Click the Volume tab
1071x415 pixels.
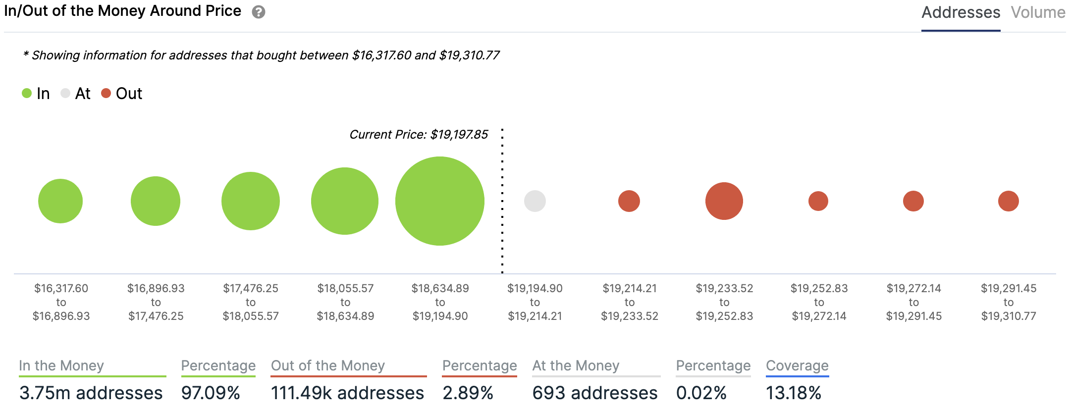[x=1038, y=12]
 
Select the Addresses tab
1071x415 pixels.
[x=961, y=12]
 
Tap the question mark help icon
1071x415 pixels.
[x=258, y=12]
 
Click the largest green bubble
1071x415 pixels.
[x=440, y=201]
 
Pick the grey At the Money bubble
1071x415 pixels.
[x=535, y=201]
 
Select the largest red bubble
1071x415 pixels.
[x=724, y=201]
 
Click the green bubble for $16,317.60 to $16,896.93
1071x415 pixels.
[x=60, y=201]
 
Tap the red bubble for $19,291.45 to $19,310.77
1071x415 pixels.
[x=1009, y=201]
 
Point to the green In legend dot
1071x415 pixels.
[x=27, y=93]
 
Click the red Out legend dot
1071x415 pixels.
[x=106, y=93]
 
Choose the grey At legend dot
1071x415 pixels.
[x=65, y=93]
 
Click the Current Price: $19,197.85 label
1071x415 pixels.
[x=419, y=135]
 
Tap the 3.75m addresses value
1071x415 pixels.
[x=91, y=393]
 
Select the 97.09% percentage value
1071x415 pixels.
[x=211, y=393]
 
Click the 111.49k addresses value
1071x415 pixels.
[x=347, y=393]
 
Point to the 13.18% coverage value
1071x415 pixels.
[x=794, y=393]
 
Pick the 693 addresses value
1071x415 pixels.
[x=595, y=393]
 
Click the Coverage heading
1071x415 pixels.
[x=797, y=365]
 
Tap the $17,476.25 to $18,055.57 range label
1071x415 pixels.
[x=251, y=302]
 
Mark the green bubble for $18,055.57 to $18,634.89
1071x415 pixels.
[x=345, y=201]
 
